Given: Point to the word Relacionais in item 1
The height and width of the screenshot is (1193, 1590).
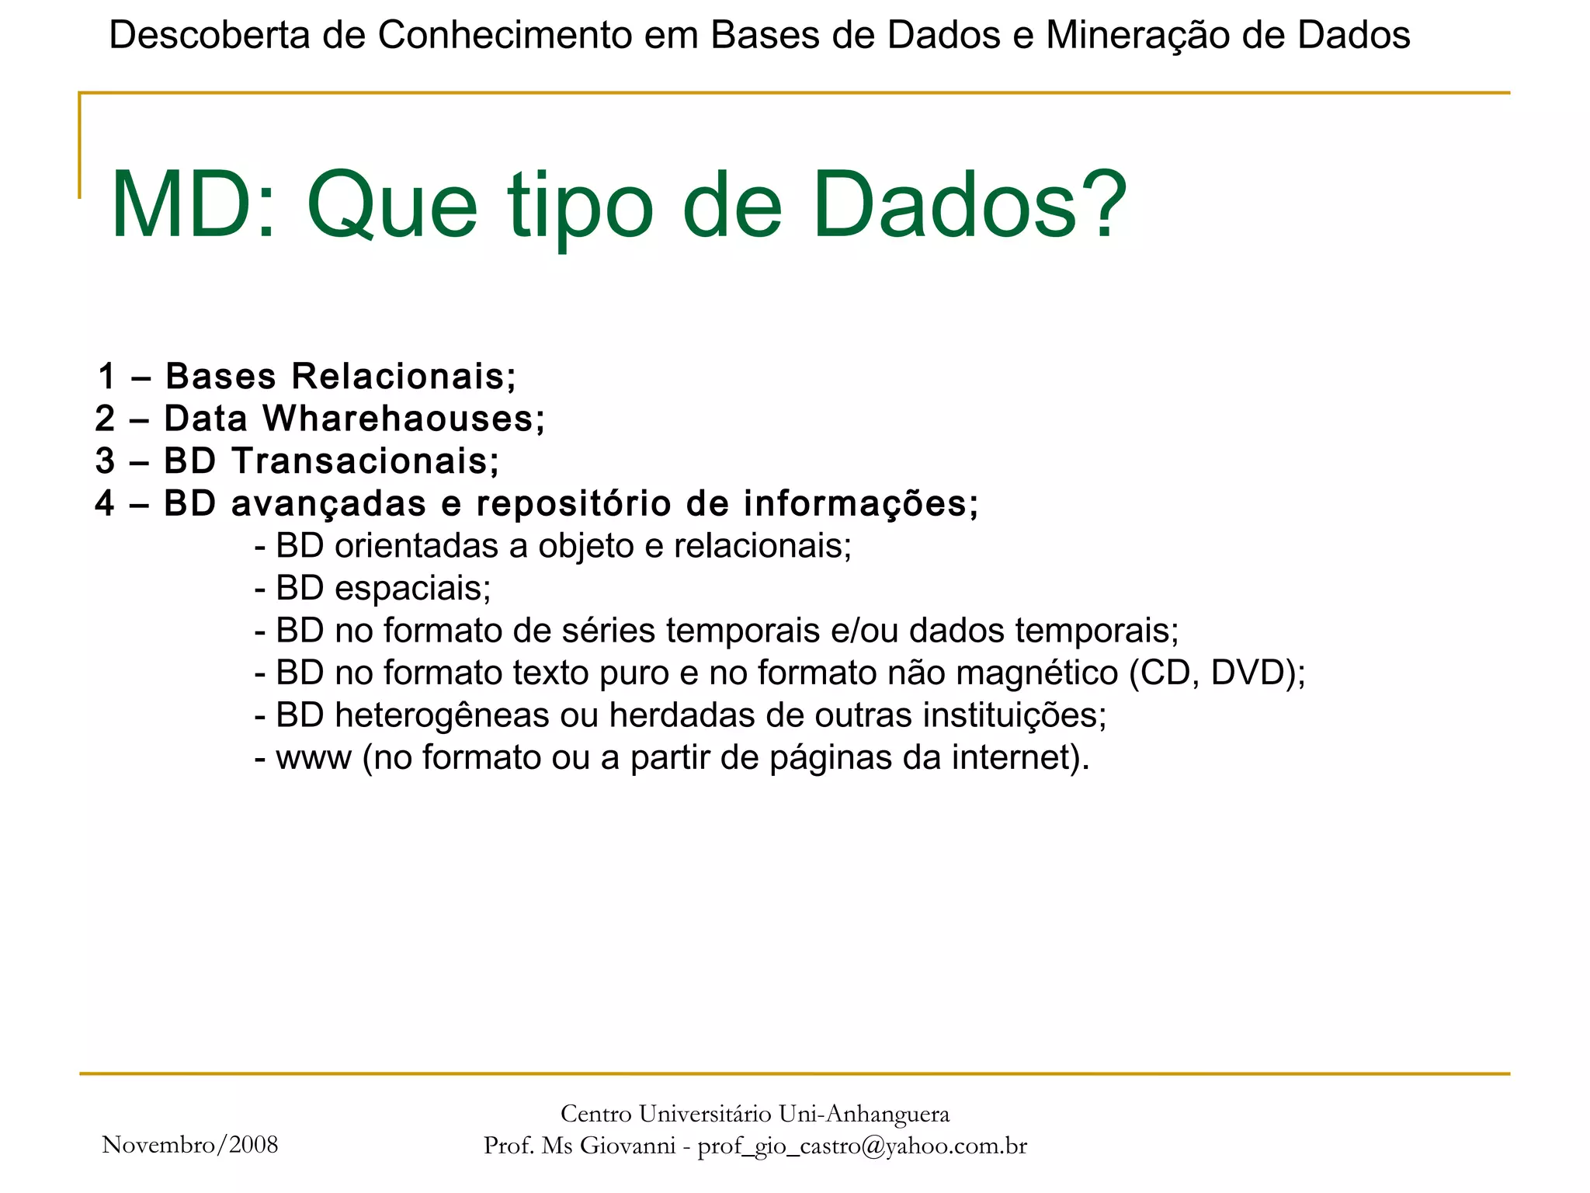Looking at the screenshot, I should tap(404, 377).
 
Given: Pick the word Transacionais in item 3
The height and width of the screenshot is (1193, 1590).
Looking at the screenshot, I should tap(366, 461).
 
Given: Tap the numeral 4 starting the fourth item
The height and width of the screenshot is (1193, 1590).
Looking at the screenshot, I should tap(105, 503).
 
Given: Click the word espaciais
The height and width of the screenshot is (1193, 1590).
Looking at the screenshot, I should tap(412, 589).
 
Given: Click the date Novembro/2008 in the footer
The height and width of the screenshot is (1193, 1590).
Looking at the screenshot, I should tap(190, 1144).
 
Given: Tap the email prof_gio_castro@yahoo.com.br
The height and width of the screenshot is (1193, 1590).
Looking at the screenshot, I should tap(862, 1146).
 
